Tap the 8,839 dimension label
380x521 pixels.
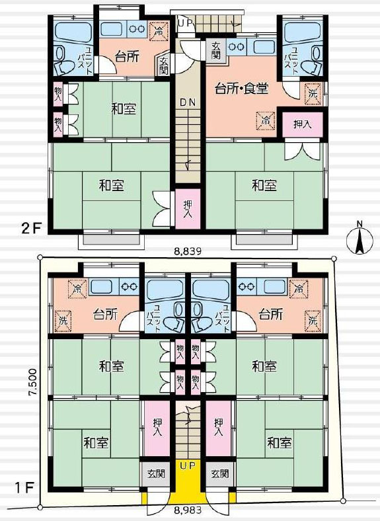pos(188,251)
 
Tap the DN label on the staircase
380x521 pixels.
pos(188,102)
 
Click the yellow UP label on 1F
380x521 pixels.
pos(188,465)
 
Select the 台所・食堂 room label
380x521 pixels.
pos(241,89)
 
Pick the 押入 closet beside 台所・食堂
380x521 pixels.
pos(302,124)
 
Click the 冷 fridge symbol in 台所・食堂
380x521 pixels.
pos(266,120)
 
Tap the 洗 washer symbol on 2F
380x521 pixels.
pos(313,93)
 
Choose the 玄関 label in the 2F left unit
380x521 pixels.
pos(163,65)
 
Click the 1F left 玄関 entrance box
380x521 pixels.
pos(156,473)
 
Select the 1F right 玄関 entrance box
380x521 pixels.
pos(219,473)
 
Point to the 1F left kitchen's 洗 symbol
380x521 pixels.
pos(63,321)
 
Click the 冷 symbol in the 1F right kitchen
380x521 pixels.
pos(299,288)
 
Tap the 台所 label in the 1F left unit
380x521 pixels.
pos(105,313)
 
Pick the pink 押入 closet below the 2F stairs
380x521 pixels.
pos(188,209)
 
